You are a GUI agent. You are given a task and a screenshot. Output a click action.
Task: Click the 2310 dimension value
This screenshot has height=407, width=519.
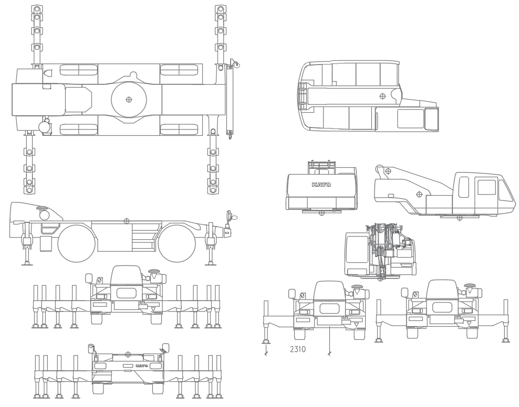298,349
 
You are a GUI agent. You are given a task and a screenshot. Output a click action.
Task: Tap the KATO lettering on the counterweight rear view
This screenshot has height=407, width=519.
321,185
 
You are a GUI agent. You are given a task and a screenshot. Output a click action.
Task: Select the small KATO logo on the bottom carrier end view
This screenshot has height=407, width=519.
140,366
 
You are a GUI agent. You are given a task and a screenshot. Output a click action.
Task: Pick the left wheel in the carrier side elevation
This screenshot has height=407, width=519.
76,244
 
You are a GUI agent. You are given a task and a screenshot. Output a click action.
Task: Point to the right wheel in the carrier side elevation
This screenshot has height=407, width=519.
177,244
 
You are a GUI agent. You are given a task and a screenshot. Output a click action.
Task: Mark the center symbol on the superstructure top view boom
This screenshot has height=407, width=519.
382,96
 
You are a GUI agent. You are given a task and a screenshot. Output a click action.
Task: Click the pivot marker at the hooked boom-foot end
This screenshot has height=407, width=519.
387,171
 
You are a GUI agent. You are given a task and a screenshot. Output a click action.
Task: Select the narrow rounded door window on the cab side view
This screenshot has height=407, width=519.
464,187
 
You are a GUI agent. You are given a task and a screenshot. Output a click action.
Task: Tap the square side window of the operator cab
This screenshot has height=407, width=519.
486,188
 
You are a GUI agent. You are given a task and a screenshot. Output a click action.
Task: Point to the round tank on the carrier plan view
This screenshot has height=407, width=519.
44,126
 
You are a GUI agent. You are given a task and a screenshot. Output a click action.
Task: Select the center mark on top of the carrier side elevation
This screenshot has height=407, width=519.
126,220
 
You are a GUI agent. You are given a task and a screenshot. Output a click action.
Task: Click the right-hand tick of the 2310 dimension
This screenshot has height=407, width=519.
329,354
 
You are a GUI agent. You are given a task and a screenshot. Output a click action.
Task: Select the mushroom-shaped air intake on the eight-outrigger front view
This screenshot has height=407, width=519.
154,272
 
